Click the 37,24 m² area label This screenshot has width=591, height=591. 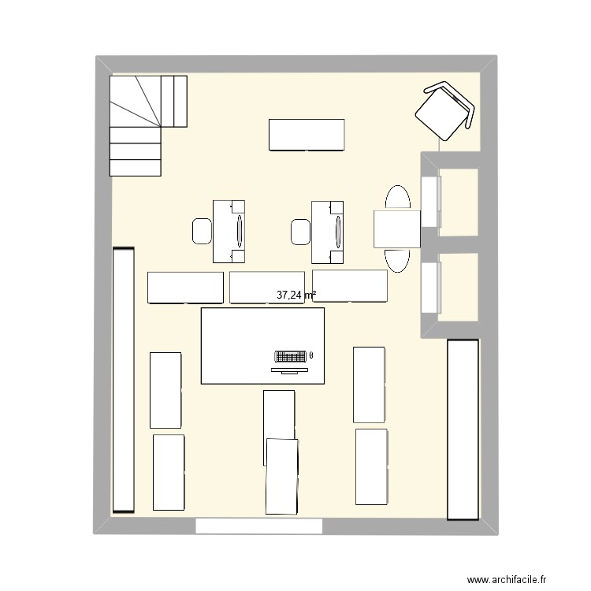(x=295, y=295)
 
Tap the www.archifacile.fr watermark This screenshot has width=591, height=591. (x=506, y=580)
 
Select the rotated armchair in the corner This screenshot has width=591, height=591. (x=445, y=111)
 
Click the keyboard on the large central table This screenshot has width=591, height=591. (x=290, y=355)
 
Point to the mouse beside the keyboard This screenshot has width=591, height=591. (x=312, y=355)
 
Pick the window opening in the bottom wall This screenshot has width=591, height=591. (x=259, y=526)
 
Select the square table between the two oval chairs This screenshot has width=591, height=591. (x=396, y=229)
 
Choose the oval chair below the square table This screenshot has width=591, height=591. (x=396, y=259)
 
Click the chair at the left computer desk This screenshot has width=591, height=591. (x=202, y=231)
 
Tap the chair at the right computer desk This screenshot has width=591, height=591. (x=300, y=231)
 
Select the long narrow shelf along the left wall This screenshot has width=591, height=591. (x=124, y=381)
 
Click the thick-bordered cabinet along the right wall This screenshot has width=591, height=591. (x=463, y=429)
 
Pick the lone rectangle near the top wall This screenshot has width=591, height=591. (x=307, y=135)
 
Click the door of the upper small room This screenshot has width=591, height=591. (x=429, y=202)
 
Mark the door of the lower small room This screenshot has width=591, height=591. (x=429, y=288)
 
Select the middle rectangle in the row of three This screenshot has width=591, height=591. (x=267, y=287)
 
